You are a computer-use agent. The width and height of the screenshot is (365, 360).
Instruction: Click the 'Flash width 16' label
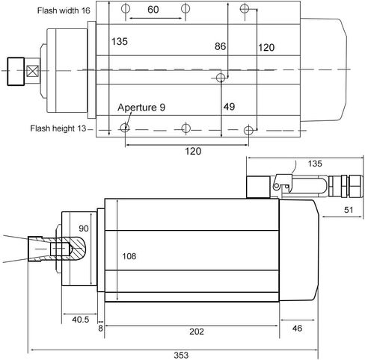coord(64,10)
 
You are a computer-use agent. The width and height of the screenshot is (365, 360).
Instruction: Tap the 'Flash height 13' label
coord(58,128)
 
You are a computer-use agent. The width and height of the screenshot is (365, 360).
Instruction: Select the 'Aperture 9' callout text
coord(141,108)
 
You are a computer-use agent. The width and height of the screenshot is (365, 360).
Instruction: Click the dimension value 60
coord(153,10)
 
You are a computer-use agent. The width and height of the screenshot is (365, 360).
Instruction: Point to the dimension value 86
coord(221,46)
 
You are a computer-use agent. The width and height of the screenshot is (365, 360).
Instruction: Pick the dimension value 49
coord(229,107)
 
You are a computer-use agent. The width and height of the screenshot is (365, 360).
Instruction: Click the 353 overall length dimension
coord(181,356)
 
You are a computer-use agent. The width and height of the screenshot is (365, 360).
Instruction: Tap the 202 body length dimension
coord(197,332)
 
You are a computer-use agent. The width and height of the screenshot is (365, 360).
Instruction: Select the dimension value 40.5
coord(80,320)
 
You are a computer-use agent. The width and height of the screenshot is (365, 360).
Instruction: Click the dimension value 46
coord(297,329)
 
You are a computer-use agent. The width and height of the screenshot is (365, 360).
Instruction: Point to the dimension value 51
coord(349,210)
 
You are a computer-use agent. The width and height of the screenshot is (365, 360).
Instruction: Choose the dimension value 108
coord(129,256)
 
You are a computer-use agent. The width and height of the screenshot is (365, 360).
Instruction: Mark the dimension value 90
coord(84,229)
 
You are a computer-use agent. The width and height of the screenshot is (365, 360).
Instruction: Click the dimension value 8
coord(100,329)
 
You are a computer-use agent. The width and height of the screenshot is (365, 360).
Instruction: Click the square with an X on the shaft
coord(33,71)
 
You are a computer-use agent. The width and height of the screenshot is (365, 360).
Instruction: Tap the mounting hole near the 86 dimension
coord(221,78)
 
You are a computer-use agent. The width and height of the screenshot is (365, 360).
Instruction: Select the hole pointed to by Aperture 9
coord(125,128)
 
